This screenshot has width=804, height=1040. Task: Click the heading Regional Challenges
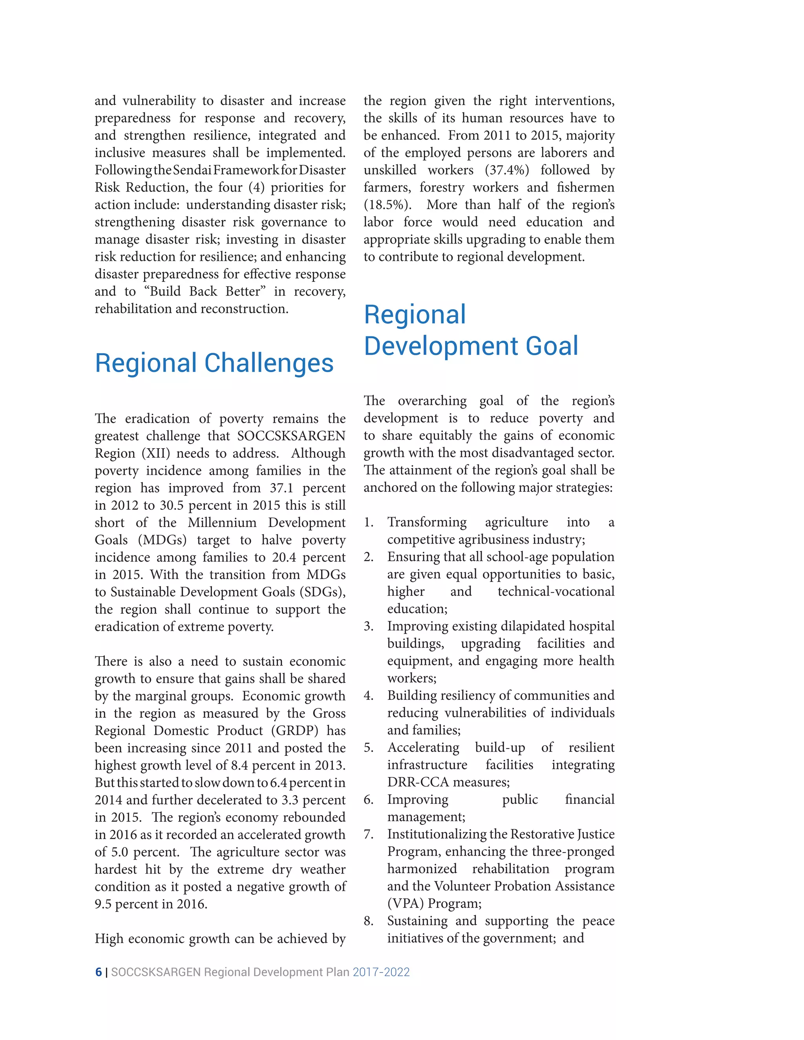coord(214,363)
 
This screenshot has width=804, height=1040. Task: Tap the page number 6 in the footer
coord(99,972)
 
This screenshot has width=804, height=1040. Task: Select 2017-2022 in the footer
coord(381,972)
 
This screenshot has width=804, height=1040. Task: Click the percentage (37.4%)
coord(507,170)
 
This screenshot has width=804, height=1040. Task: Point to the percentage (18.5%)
coord(387,205)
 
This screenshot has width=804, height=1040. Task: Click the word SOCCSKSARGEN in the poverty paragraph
coord(292,436)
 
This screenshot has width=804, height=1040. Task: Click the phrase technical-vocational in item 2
coord(556,591)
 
